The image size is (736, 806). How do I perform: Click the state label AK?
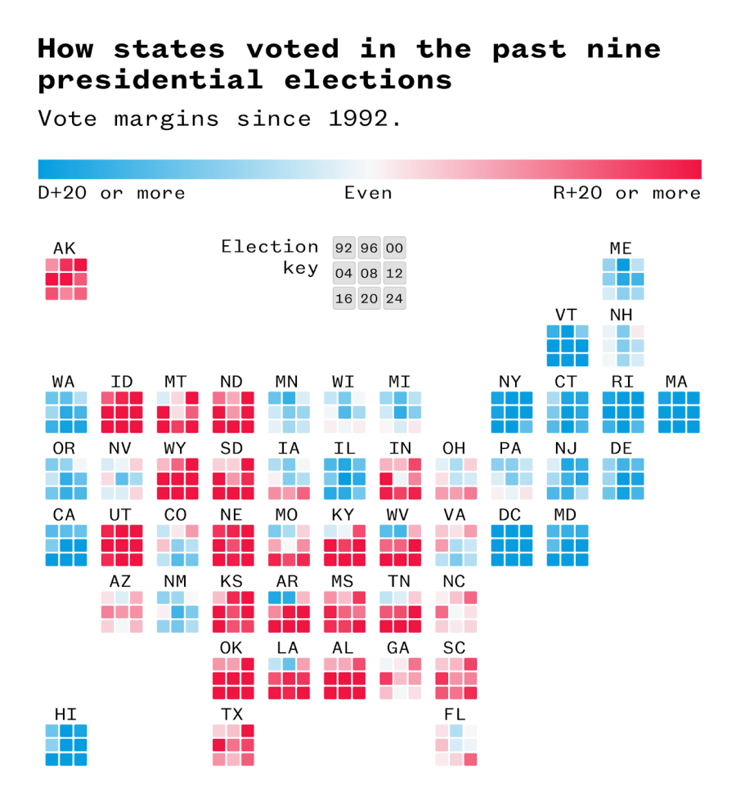(x=65, y=248)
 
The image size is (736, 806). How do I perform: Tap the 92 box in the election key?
(x=343, y=249)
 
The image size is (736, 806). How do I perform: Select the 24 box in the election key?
(x=394, y=298)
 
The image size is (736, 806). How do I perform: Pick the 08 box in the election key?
(x=369, y=273)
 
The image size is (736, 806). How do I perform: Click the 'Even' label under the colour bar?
(x=368, y=193)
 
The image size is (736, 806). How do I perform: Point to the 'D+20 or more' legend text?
(x=111, y=193)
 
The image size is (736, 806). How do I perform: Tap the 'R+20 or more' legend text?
(x=626, y=193)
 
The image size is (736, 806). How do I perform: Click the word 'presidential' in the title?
(x=150, y=80)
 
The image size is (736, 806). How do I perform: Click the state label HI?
(x=65, y=714)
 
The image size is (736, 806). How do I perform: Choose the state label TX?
(x=232, y=714)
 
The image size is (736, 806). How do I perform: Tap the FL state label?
(x=455, y=714)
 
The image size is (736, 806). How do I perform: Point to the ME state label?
(x=622, y=248)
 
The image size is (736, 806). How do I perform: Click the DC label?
(x=510, y=514)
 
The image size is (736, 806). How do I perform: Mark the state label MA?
(x=677, y=381)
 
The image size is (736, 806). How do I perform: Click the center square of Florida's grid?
(x=456, y=745)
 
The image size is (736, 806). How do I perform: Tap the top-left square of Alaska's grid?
(x=52, y=266)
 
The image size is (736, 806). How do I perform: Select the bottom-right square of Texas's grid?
(x=247, y=759)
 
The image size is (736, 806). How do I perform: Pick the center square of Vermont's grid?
(x=567, y=346)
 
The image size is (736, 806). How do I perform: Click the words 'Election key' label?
(x=270, y=257)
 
